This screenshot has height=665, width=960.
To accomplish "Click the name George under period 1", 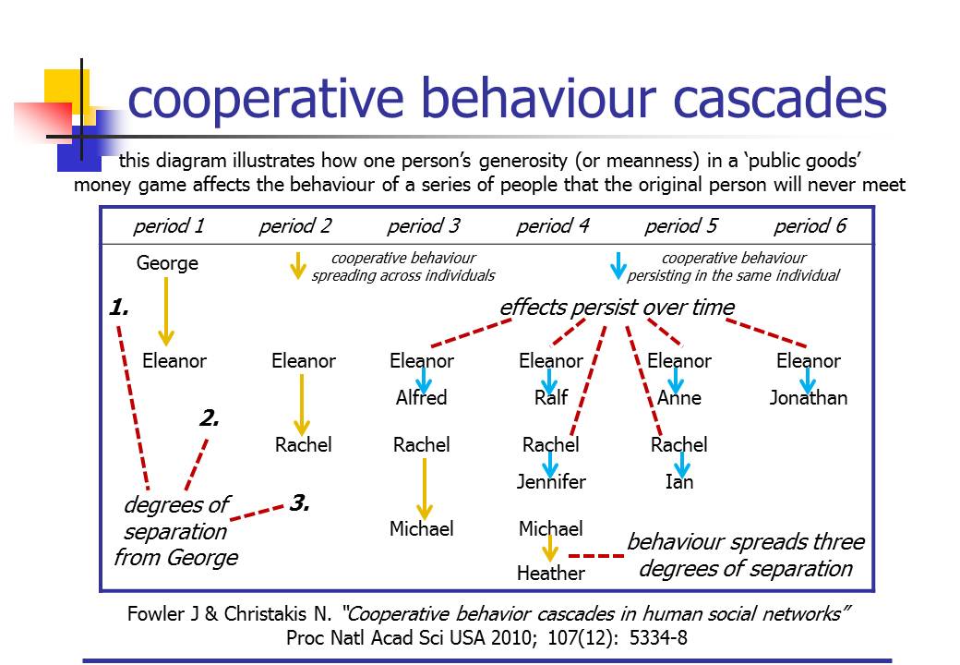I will click(167, 263).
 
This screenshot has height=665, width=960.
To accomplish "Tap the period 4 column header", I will click(551, 226).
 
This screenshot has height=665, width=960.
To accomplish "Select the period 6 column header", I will click(810, 226).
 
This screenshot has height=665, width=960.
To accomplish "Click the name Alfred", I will click(421, 398).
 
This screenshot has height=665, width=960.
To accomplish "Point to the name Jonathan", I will click(809, 398).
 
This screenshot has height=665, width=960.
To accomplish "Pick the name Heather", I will click(551, 574).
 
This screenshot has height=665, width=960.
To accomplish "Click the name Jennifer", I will click(551, 482).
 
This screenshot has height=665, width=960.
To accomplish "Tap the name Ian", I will click(679, 482).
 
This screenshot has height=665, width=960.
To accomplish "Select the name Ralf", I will click(550, 398).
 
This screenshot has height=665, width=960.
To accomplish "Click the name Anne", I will click(679, 398).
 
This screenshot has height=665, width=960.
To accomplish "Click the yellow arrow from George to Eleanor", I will click(166, 311).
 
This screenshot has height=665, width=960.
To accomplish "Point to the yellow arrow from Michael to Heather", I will click(551, 550).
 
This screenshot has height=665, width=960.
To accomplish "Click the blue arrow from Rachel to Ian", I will click(681, 464).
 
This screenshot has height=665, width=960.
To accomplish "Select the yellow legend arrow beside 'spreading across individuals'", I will click(297, 266).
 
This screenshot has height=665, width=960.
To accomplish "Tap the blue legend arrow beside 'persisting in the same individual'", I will click(618, 266).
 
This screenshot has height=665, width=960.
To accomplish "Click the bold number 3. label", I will click(300, 503).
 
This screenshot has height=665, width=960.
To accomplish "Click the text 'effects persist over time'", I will click(617, 308).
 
